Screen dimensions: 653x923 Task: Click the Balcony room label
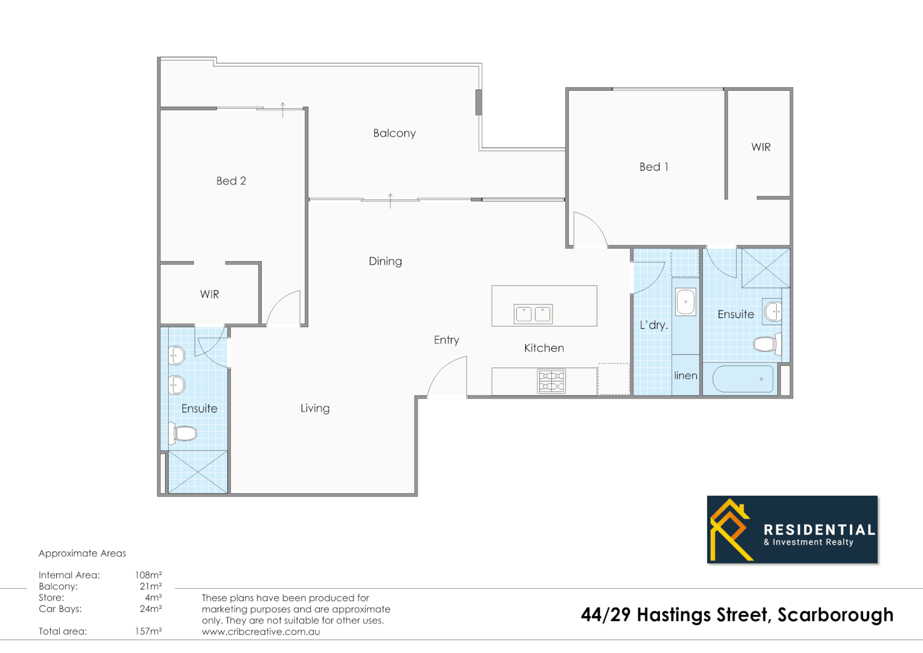[x=394, y=133]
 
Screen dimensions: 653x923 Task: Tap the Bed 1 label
[x=653, y=167]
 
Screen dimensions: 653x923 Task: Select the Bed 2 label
[x=231, y=181]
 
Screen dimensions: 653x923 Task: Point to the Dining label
[x=385, y=261]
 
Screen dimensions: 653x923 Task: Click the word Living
[x=315, y=408]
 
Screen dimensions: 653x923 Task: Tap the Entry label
[x=446, y=340]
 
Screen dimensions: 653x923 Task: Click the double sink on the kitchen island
[x=533, y=313]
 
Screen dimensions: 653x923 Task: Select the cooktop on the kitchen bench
[x=551, y=381]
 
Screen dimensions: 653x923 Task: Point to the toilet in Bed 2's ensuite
[x=185, y=433]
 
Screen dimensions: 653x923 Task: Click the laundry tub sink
[x=685, y=301]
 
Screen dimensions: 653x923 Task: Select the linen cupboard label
[x=685, y=375]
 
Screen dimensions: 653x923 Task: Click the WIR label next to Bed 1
[x=760, y=147]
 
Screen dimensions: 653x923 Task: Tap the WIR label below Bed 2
[x=209, y=294]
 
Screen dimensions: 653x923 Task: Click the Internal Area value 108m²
[x=148, y=575]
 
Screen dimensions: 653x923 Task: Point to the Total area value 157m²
[x=148, y=631]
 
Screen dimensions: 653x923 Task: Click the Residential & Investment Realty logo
[x=792, y=530]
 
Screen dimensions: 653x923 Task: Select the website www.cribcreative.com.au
[x=261, y=632]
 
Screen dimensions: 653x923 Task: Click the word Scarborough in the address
[x=835, y=615]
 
